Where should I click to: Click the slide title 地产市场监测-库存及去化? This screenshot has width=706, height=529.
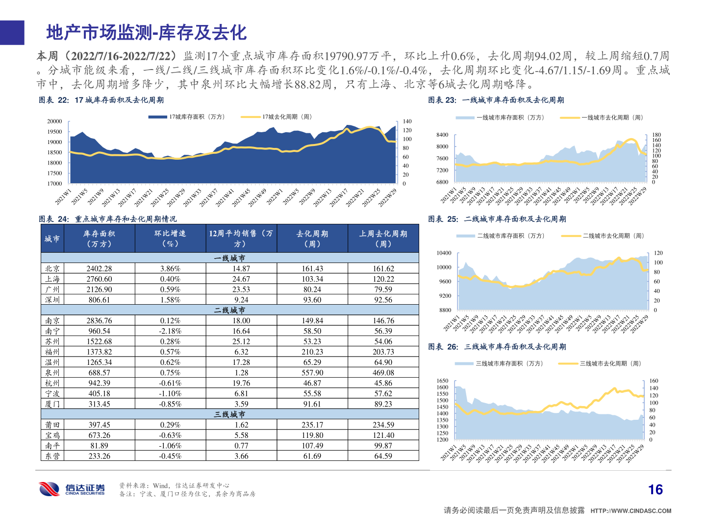(x=146, y=33)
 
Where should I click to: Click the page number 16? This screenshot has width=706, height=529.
(x=655, y=490)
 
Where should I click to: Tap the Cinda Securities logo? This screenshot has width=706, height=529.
(x=72, y=489)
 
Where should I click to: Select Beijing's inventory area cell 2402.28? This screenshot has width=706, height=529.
(x=99, y=268)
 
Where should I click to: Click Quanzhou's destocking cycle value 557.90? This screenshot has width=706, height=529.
(x=312, y=373)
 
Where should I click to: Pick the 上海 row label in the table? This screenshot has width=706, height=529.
(x=52, y=279)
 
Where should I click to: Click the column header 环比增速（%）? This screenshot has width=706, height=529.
(x=170, y=239)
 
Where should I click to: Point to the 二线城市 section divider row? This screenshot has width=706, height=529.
(x=229, y=310)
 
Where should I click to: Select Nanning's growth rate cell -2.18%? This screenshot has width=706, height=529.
(x=170, y=331)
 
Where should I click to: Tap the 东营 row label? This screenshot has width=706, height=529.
(x=52, y=456)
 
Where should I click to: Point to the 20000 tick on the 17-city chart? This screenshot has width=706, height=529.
(x=54, y=121)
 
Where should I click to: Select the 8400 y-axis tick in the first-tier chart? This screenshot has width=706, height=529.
(x=442, y=135)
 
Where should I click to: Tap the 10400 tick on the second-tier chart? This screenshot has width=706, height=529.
(x=444, y=253)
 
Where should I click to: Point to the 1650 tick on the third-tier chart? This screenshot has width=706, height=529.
(x=442, y=381)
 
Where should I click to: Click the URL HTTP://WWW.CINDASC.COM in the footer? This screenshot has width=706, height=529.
(x=630, y=511)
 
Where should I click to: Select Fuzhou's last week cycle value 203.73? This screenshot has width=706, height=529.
(x=383, y=352)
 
